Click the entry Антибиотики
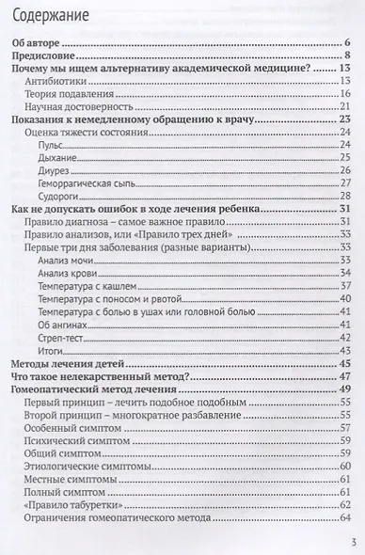click(56, 84)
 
